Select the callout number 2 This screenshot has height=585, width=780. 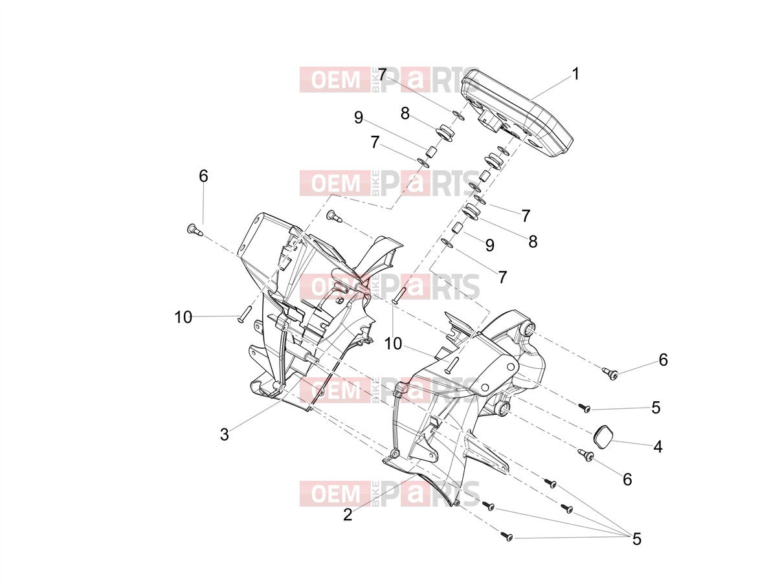point(348,514)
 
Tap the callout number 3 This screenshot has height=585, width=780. point(224,434)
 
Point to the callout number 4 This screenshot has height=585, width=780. point(658,447)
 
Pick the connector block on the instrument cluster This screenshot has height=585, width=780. point(489,120)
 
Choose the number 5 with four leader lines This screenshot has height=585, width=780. point(636,539)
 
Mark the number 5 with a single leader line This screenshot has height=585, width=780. point(656,408)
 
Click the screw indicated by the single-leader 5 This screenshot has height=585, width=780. point(585,408)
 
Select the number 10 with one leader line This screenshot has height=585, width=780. point(183,317)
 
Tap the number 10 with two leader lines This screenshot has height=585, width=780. point(393,344)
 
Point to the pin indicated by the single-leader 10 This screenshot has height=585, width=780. point(245,314)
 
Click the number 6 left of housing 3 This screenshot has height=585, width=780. point(203,176)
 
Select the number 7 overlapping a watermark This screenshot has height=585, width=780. point(383,74)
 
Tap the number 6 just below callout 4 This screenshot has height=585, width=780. point(627,480)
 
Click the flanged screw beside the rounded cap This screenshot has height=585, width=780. point(586,455)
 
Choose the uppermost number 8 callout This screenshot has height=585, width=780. point(405,114)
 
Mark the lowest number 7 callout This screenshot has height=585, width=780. point(502,277)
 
